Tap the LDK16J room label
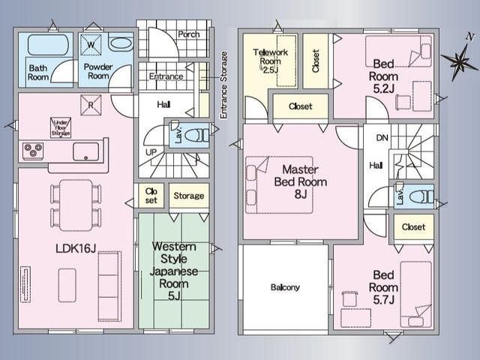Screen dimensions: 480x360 (x=76, y=248)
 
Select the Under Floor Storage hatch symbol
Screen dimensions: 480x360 (x=61, y=127)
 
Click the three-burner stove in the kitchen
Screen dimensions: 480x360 (x=33, y=151)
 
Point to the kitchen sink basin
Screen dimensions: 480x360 (x=86, y=151)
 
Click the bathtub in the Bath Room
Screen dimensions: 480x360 (x=48, y=45)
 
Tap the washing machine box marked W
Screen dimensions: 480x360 (x=91, y=45)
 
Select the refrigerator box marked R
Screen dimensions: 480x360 (x=91, y=105)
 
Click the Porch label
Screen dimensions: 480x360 (x=189, y=34)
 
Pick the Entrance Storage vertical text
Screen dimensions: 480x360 (x=223, y=85)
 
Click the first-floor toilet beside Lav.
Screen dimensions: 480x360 (x=196, y=135)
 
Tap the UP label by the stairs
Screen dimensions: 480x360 (x=151, y=152)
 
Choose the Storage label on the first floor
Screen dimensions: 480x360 (x=189, y=196)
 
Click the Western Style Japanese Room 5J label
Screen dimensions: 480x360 (x=173, y=271)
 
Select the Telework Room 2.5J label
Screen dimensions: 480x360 (x=270, y=61)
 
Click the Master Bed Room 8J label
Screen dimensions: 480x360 (x=301, y=181)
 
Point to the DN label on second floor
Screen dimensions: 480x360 (x=382, y=138)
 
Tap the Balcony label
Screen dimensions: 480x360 (x=285, y=287)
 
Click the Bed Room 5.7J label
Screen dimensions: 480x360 (x=383, y=287)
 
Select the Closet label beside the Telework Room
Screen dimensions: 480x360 (x=316, y=61)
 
